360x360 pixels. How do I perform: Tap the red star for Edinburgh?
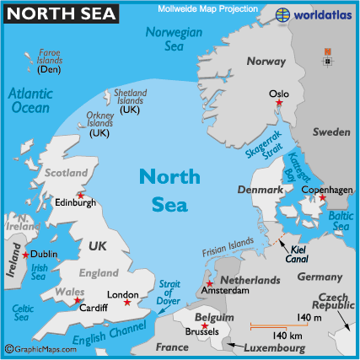coord(79,196)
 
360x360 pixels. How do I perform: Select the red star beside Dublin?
coord(25,255)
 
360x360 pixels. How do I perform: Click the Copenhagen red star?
coord(321,198)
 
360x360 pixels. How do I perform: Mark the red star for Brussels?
coord(205,325)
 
